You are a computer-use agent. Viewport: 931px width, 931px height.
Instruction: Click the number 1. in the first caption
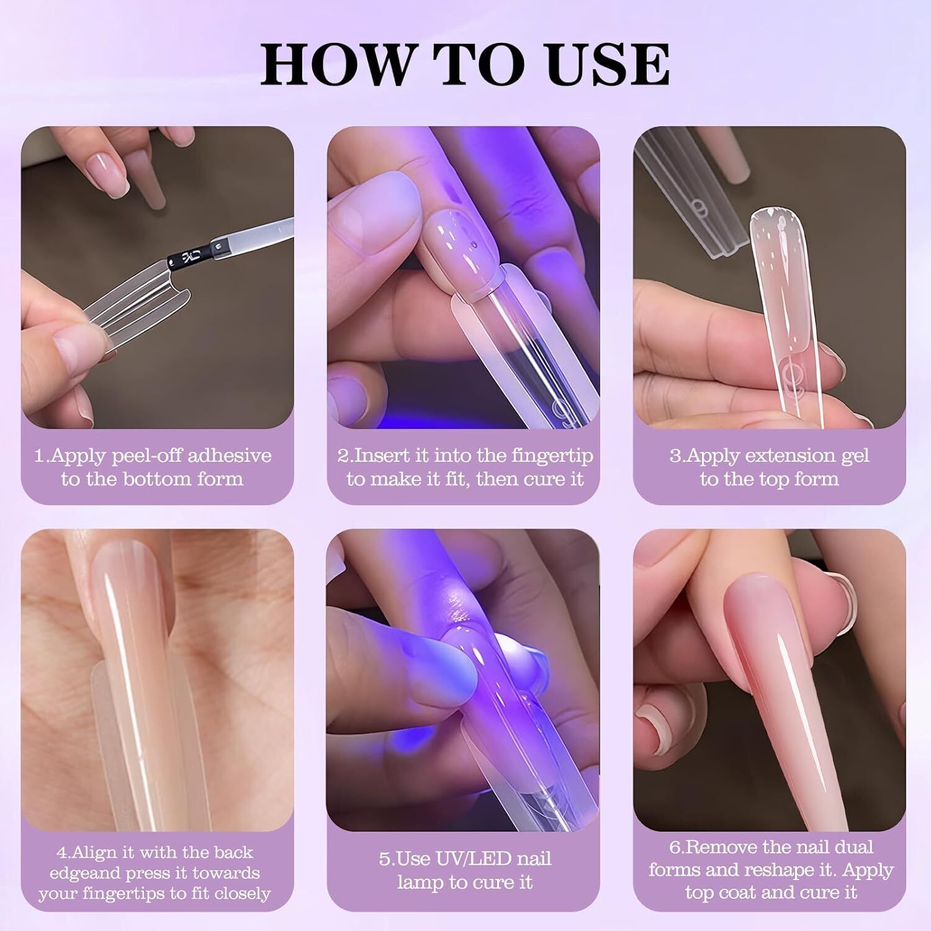click(42, 456)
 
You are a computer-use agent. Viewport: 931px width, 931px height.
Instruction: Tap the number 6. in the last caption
click(675, 847)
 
